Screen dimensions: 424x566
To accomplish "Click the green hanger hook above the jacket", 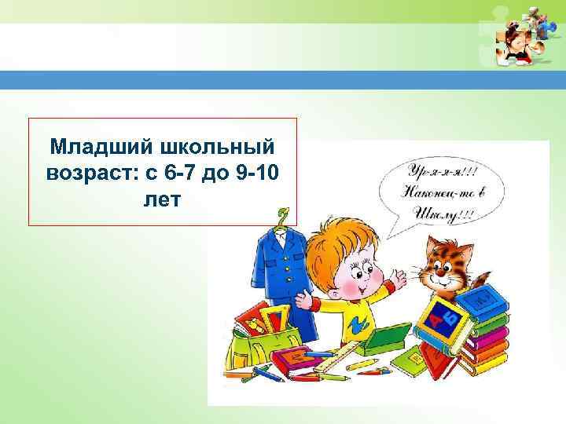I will coord(283,214).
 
